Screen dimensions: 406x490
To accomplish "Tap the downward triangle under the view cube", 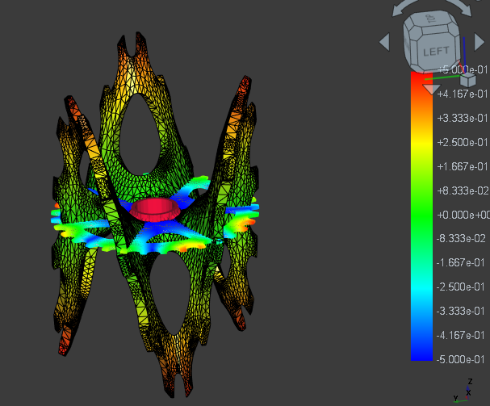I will (x=433, y=88).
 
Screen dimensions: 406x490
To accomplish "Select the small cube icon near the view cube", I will (x=467, y=80).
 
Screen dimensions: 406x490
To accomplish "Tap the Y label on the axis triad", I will (x=456, y=398).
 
